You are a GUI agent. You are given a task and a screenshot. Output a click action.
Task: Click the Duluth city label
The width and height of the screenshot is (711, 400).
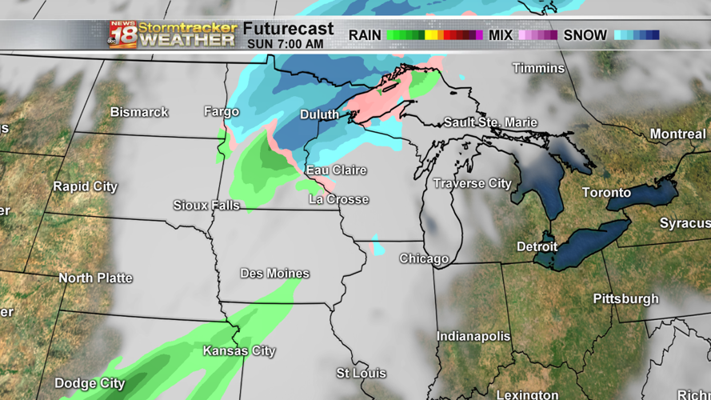[x=319, y=115]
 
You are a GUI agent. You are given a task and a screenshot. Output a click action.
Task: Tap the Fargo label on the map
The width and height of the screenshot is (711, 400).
[x=222, y=112]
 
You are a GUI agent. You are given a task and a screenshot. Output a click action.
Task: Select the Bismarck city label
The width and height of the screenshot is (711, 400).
[x=139, y=112]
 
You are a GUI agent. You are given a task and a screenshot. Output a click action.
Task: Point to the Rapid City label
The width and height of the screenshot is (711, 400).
[x=85, y=186]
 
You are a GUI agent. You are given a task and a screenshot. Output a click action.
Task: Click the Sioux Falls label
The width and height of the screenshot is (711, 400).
[x=206, y=206]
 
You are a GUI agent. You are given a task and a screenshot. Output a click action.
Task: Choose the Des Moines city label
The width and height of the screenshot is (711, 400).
[x=274, y=274]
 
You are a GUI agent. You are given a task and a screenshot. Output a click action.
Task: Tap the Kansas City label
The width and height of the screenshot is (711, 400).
[x=239, y=351]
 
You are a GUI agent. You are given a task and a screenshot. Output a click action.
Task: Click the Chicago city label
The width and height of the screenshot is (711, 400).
[x=424, y=259]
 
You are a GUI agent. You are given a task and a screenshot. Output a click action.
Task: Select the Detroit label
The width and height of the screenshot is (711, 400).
[x=537, y=247]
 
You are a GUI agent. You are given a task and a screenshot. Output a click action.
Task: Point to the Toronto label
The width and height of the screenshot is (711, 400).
[x=606, y=193]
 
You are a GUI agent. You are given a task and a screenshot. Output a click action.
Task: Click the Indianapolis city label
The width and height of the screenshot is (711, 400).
[x=473, y=336]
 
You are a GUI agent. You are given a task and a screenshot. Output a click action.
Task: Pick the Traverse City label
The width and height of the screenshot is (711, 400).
[x=472, y=184]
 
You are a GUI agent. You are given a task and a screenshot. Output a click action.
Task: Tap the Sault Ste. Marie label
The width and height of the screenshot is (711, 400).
[x=491, y=123]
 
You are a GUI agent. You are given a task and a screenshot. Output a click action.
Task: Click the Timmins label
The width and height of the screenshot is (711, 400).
[x=538, y=68]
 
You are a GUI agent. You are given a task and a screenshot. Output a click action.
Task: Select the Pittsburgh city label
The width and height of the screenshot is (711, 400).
[x=625, y=299]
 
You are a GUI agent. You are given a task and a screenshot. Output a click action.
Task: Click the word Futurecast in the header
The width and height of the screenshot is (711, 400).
[x=288, y=30]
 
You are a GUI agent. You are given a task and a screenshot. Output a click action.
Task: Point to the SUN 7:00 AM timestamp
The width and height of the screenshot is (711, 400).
[x=286, y=44]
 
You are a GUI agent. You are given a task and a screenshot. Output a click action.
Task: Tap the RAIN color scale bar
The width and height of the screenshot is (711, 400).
[x=434, y=35]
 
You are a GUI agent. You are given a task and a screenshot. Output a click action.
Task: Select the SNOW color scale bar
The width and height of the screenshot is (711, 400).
[x=637, y=35]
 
